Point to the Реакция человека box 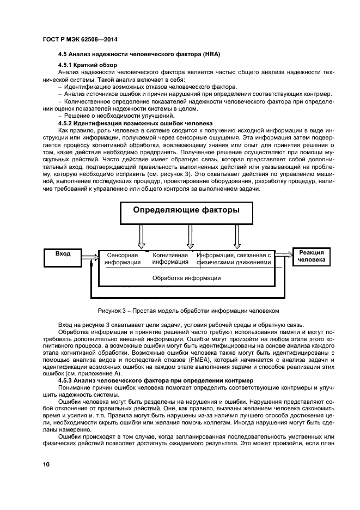312,257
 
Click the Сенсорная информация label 123,258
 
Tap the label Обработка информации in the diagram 186,278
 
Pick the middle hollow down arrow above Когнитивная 190,236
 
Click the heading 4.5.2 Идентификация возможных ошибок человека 131,123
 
